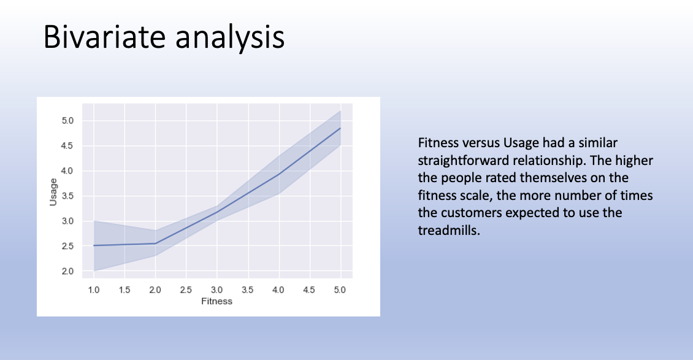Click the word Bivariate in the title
(104, 37)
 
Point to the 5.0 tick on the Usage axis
(67, 121)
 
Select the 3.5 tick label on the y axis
(67, 196)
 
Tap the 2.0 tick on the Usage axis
(67, 271)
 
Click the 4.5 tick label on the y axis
(67, 146)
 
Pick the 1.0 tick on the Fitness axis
(94, 289)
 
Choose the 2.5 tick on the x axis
(186, 289)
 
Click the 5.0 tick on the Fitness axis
(340, 289)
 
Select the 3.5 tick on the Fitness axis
(248, 289)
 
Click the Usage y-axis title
(53, 192)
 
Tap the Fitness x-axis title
(216, 301)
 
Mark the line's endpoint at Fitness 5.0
(340, 128)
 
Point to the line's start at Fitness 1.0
(94, 245)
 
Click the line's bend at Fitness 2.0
(155, 243)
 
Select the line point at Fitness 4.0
(278, 174)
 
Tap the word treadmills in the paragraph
(448, 230)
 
